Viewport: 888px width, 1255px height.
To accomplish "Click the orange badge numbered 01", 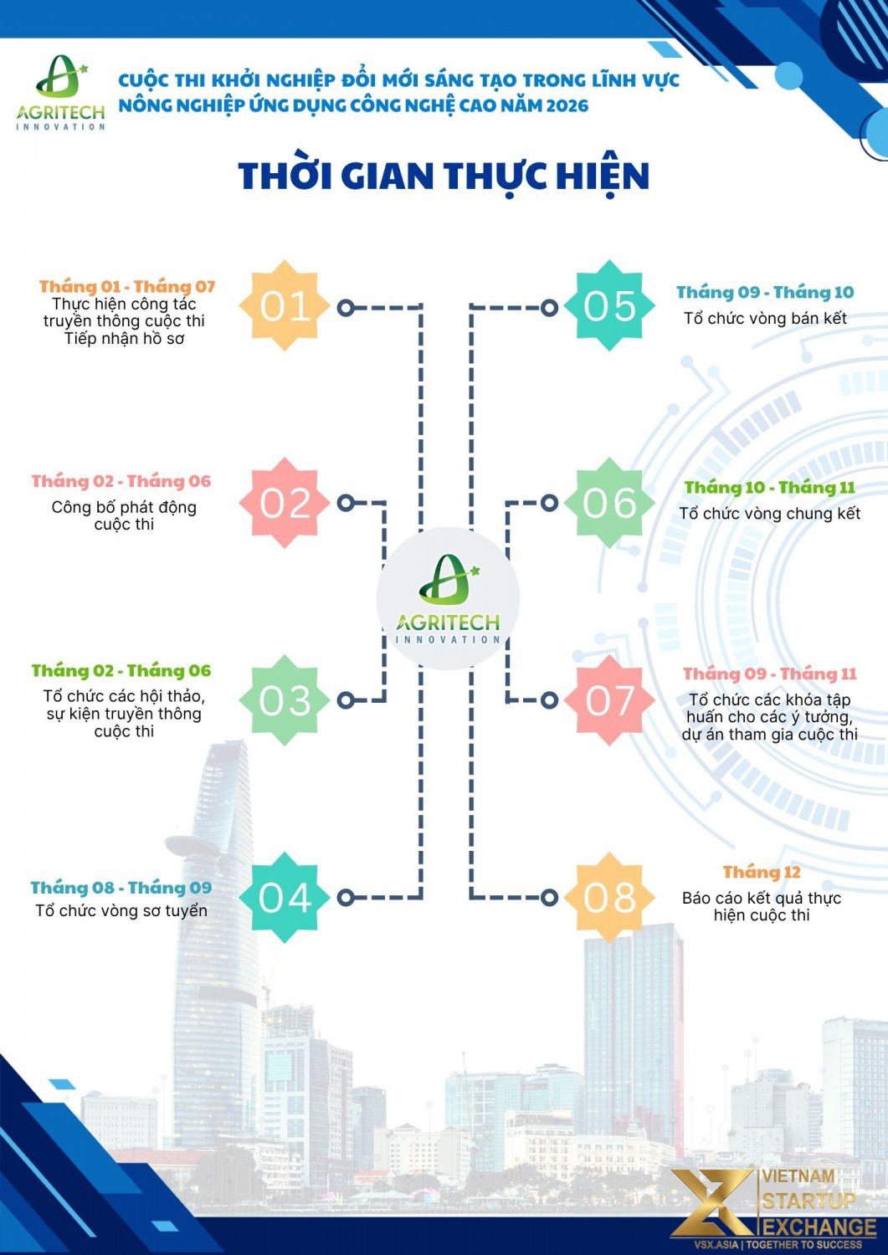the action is (x=285, y=306).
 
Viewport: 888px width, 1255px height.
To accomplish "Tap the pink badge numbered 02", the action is (x=285, y=503).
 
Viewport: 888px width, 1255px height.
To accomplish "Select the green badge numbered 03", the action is (x=285, y=699).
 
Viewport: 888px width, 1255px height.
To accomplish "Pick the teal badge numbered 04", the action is (x=285, y=897).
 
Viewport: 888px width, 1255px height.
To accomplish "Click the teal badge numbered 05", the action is (x=609, y=306).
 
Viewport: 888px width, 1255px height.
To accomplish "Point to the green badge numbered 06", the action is (x=609, y=503).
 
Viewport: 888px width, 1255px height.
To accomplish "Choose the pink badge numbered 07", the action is (x=609, y=699).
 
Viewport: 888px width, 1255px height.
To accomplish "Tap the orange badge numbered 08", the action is (x=609, y=897).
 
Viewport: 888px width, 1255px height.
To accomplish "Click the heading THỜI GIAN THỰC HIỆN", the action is (x=444, y=177).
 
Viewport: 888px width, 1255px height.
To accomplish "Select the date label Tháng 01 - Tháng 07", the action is (x=127, y=287).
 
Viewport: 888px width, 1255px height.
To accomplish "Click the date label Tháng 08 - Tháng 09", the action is (x=121, y=888).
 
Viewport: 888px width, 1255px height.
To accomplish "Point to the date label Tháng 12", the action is (x=762, y=873).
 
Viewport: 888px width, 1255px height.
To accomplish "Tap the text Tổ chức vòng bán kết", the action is (x=765, y=318).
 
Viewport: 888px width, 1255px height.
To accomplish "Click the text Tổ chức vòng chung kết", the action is (x=770, y=513).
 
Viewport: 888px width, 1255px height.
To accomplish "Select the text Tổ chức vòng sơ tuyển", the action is (x=121, y=911).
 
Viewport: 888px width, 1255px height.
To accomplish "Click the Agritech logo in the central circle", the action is (x=448, y=598).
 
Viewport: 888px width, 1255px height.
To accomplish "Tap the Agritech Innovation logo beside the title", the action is (x=60, y=92).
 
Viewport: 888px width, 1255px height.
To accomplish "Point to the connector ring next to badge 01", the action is (x=346, y=308).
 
